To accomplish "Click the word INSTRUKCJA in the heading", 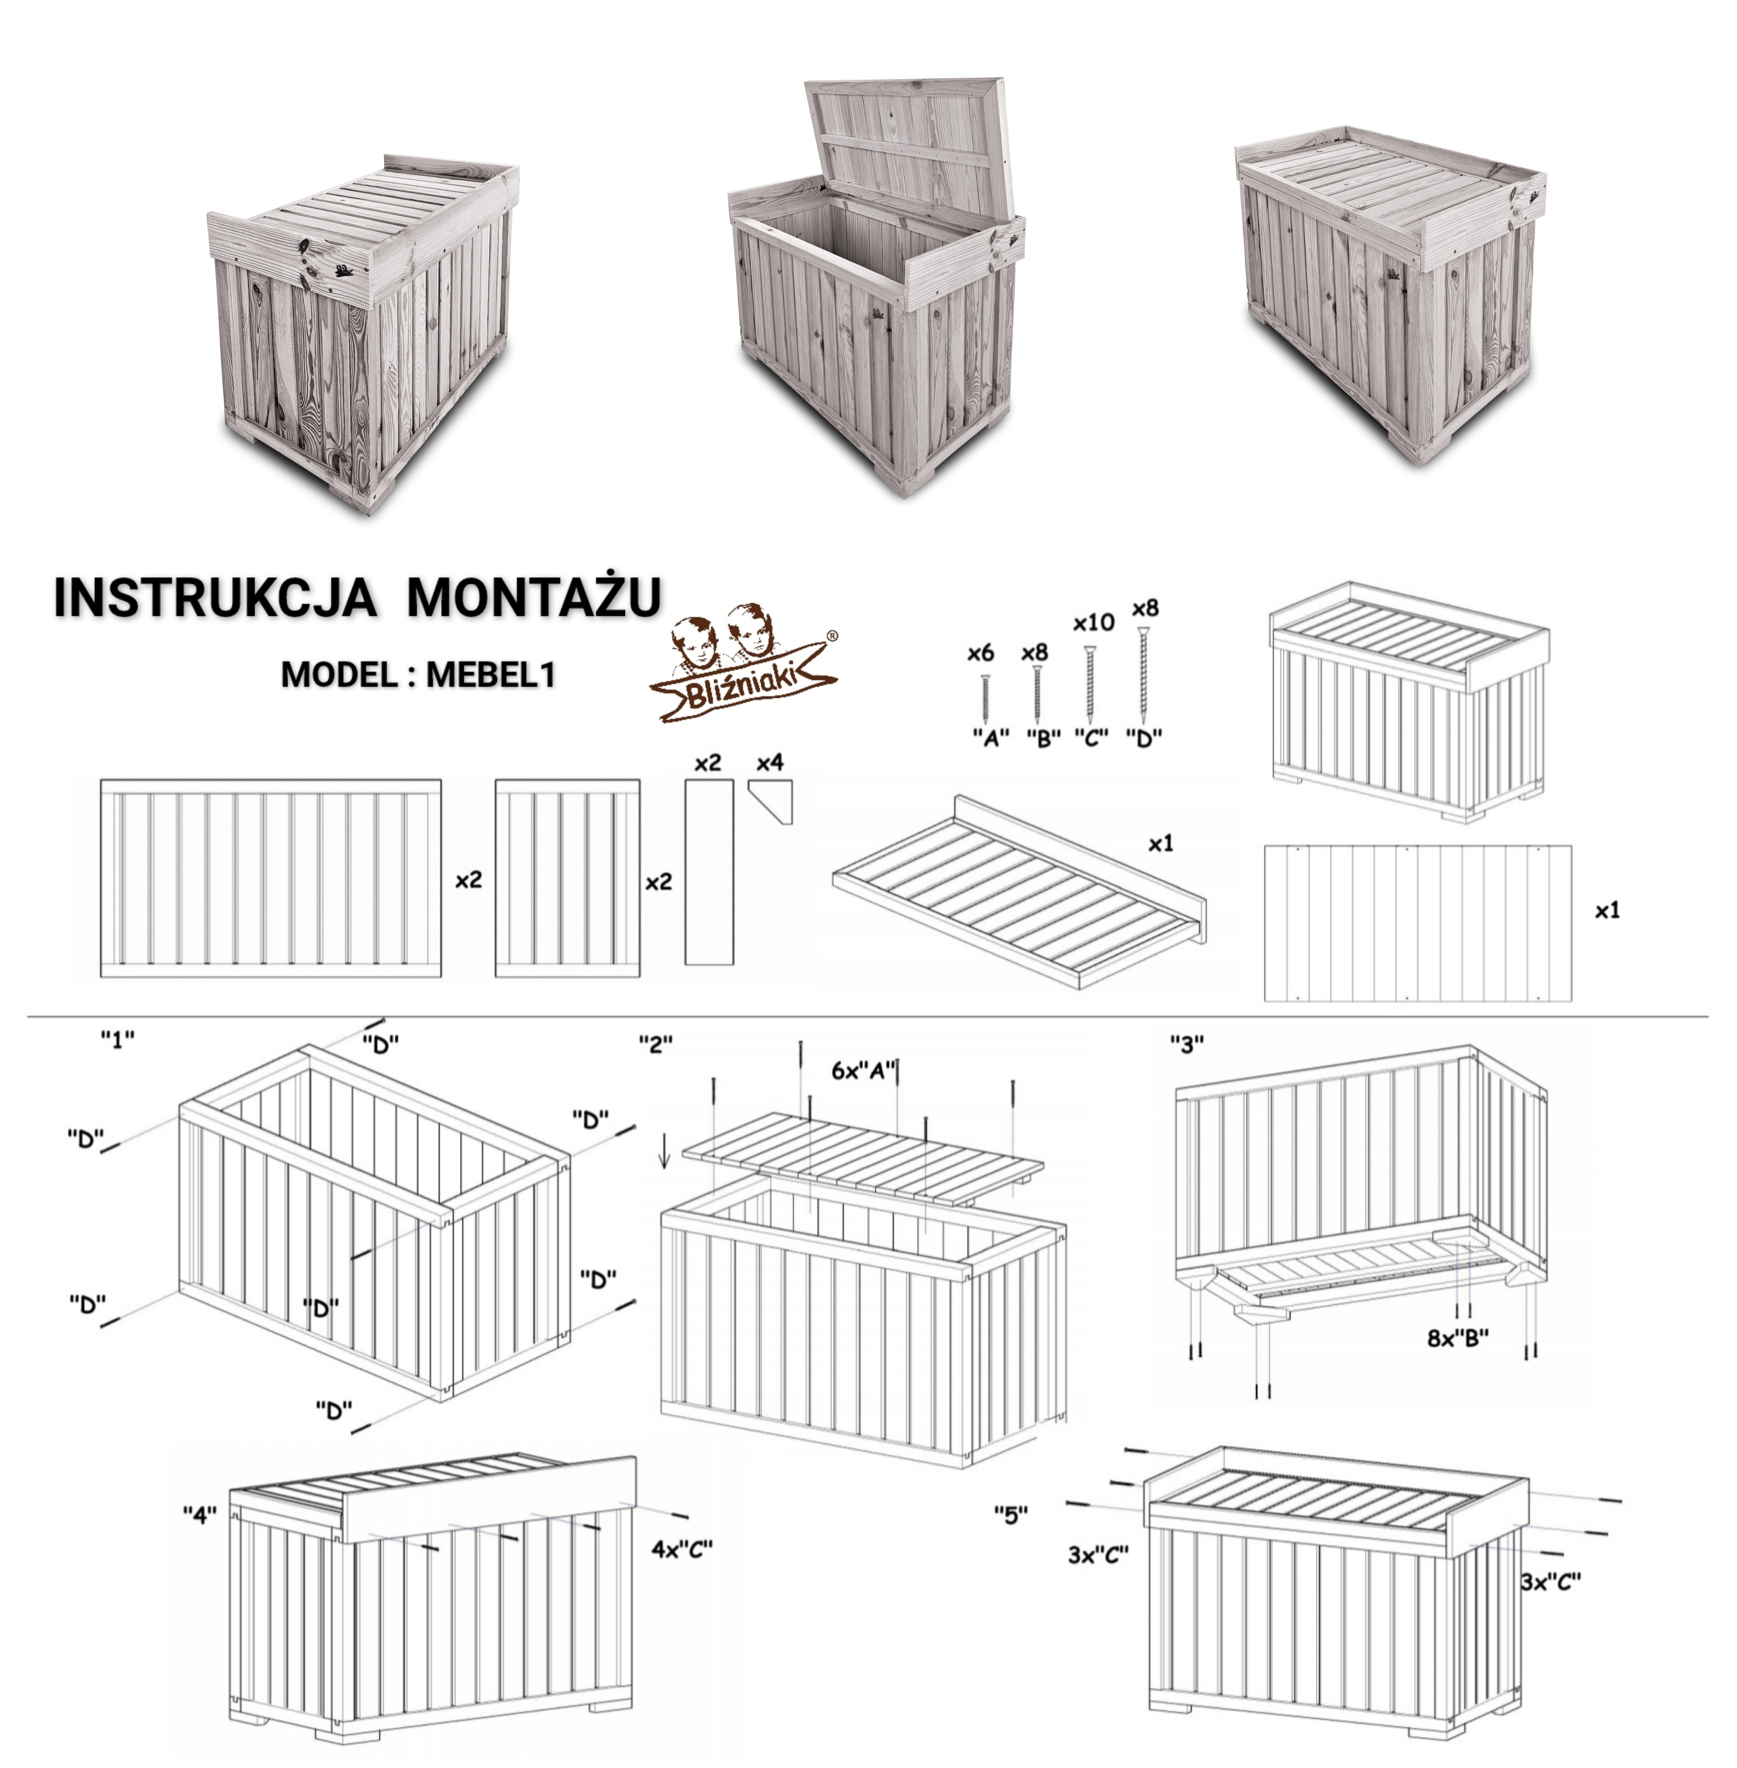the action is pos(215,597).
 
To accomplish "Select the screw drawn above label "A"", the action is pos(985,698).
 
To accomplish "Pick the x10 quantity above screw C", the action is pos(1093,622).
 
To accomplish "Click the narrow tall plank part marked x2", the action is pos(709,871).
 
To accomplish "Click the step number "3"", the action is pos(1187,1045).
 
